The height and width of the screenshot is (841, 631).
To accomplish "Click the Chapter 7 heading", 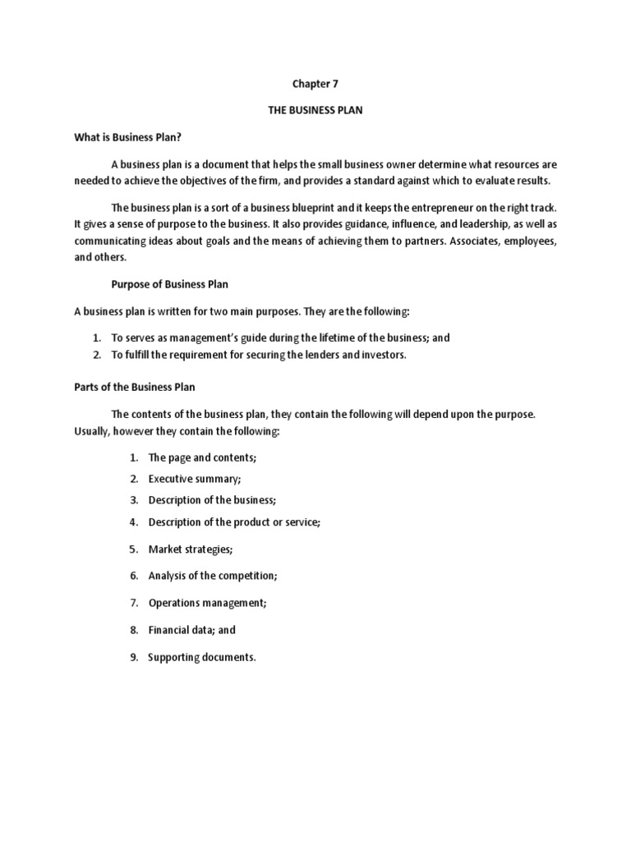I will coord(315,84).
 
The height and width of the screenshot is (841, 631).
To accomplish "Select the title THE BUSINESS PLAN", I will coord(315,110).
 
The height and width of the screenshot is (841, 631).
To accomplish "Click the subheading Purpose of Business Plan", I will coord(169,284).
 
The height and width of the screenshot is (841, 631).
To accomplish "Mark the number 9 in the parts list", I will coord(133,657).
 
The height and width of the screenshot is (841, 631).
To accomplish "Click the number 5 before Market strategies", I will coord(133,549).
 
